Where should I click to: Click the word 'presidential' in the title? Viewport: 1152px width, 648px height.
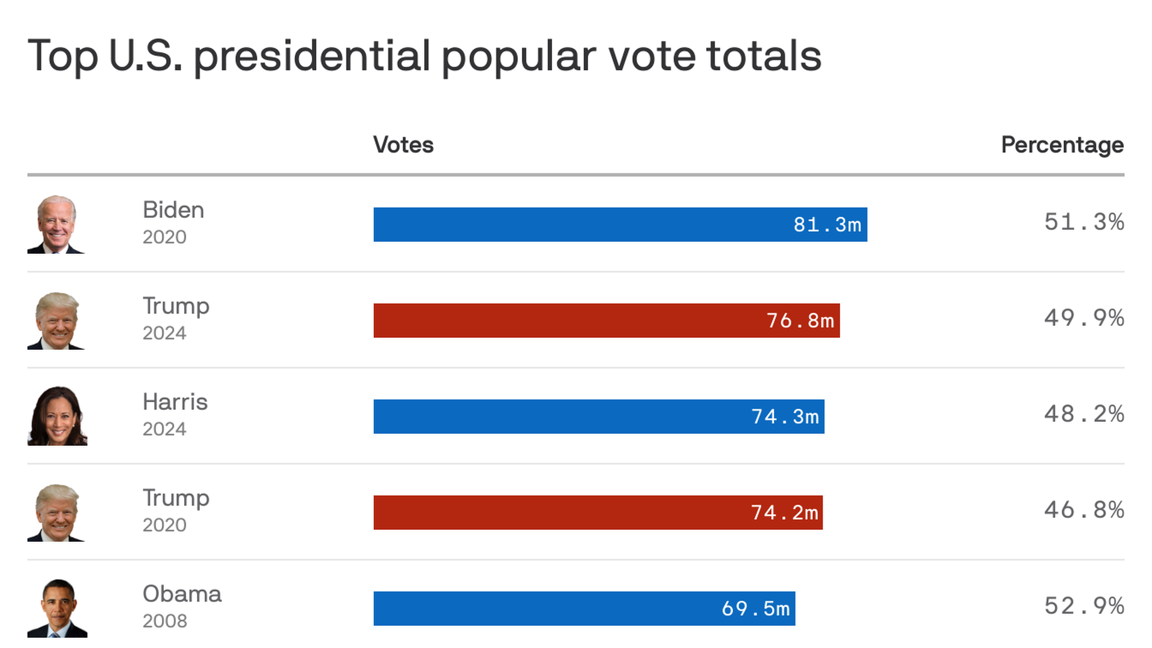[311, 56]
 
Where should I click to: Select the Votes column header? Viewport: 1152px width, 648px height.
[403, 145]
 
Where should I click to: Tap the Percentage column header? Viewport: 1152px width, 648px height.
[1062, 145]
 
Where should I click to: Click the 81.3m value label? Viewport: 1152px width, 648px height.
[827, 225]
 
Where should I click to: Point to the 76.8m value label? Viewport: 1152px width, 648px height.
[800, 321]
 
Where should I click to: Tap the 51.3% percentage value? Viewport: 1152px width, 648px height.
[1084, 222]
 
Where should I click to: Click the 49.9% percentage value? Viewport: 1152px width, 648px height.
[1084, 318]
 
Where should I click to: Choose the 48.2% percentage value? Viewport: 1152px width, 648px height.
[1084, 414]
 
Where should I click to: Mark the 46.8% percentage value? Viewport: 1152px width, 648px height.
[1084, 510]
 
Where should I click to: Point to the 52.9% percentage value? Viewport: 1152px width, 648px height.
[1084, 606]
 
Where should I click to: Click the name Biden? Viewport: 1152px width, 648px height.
[173, 210]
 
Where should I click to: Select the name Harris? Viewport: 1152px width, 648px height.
[175, 402]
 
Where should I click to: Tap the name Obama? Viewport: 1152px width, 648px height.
[182, 594]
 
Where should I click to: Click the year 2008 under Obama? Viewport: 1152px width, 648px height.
[164, 621]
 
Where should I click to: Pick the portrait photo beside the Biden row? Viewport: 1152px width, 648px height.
[56, 224]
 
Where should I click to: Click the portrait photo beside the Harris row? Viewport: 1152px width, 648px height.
[57, 416]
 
